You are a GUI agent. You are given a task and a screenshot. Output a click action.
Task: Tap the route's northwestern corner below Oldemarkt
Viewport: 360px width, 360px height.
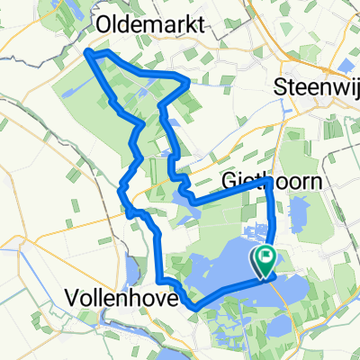pos(89,55)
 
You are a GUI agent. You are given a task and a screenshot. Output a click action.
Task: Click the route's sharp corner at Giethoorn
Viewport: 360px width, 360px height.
pos(269,181)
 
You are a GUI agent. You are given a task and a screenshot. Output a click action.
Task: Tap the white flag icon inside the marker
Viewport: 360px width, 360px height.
pos(267,258)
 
